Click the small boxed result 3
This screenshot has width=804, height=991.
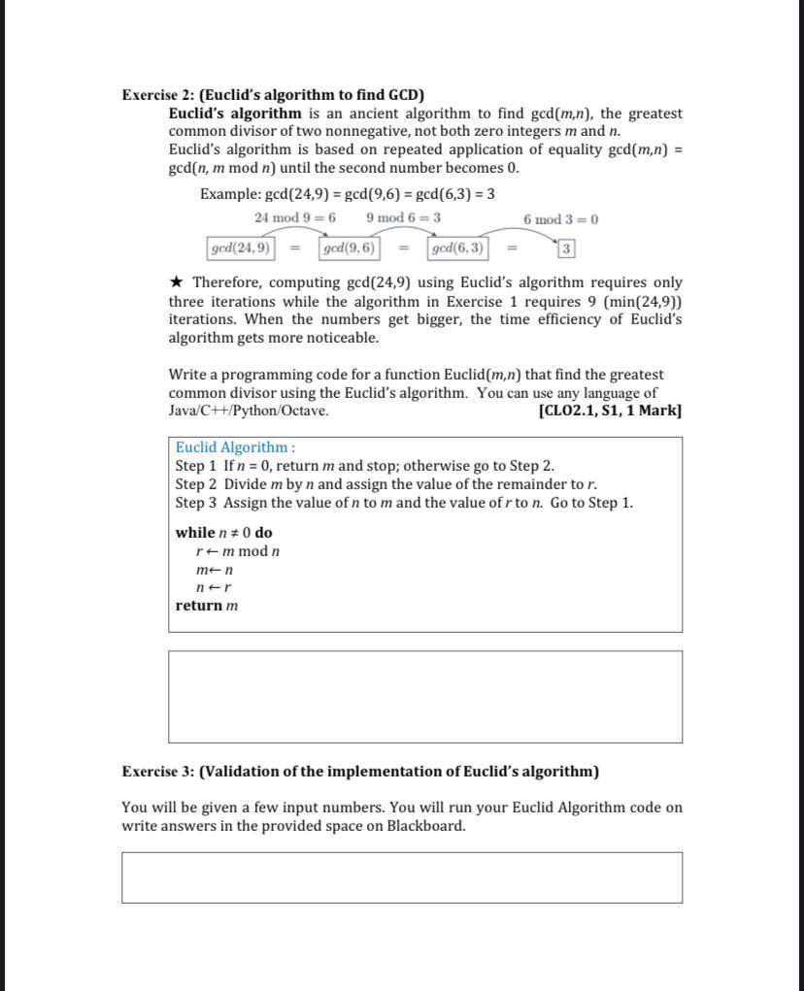click(x=566, y=249)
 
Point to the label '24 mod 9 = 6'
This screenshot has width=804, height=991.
click(x=295, y=218)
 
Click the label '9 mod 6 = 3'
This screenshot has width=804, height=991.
click(x=403, y=218)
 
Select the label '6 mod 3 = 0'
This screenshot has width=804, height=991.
click(x=560, y=219)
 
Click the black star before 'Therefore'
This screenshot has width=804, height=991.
click(x=176, y=282)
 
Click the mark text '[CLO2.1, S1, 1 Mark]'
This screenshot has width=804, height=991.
click(x=609, y=411)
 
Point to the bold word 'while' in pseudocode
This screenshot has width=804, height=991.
click(x=195, y=533)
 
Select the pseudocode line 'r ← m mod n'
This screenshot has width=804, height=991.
click(x=238, y=551)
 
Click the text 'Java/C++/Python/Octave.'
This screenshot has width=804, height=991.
click(x=249, y=411)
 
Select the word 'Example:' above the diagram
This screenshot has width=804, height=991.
click(x=230, y=194)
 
